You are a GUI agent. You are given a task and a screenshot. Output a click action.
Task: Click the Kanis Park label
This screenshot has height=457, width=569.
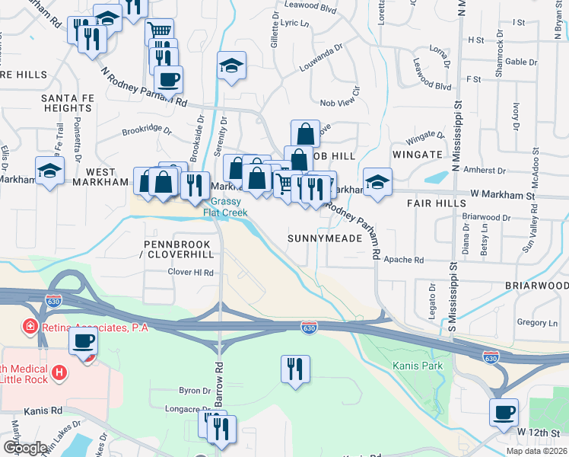pyautogui.click(x=417, y=366)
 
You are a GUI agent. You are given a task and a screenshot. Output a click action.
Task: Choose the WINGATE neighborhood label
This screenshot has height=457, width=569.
pyautogui.click(x=416, y=155)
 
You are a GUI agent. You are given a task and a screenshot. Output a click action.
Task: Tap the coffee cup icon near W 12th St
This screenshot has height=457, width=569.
pyautogui.click(x=504, y=414)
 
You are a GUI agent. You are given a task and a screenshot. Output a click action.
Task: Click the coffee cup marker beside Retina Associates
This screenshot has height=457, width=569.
pyautogui.click(x=83, y=342)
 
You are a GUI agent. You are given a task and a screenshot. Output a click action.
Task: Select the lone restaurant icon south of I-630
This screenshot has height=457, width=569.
pyautogui.click(x=295, y=369)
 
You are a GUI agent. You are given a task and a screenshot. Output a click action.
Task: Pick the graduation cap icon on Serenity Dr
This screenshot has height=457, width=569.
pyautogui.click(x=231, y=66)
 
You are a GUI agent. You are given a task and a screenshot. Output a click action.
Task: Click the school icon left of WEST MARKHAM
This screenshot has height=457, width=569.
pyautogui.click(x=49, y=171)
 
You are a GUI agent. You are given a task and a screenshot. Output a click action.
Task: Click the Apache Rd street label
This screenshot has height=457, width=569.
pyautogui.click(x=403, y=260)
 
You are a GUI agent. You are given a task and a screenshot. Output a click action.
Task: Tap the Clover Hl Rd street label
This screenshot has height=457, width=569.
pyautogui.click(x=191, y=272)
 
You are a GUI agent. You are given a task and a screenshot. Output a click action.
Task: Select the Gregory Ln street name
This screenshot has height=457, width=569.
pyautogui.click(x=532, y=323)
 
